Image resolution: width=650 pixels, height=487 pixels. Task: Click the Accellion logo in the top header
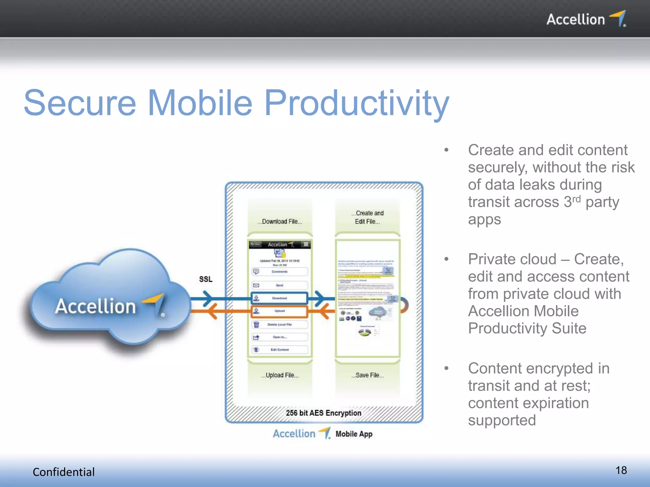coord(586,19)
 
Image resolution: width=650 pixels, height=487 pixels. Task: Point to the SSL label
coord(206,279)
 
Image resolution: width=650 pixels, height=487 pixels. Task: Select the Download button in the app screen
coord(279,298)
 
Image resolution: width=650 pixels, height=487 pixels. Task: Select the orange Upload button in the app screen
coord(279,311)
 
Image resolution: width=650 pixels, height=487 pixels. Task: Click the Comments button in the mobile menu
coord(279,272)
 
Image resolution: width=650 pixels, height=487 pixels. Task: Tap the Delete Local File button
coord(279,325)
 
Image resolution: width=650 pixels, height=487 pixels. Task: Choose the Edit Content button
coord(279,350)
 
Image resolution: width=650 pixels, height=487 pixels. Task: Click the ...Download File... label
coord(280,222)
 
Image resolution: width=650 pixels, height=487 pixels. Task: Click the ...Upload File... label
coord(280,375)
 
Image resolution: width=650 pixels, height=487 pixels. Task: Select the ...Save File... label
coord(368,375)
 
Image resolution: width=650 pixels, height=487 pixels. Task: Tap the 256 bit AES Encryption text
coord(323,413)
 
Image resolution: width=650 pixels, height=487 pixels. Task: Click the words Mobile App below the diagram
coord(354,434)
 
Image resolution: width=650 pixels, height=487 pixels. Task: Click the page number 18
coord(621,470)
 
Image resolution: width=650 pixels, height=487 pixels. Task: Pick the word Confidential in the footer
coord(63,472)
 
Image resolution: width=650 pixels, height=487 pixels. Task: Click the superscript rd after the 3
coord(576,199)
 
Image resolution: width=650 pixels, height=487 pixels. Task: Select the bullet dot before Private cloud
coord(446,259)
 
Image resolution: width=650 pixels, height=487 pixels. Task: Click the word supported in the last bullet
coord(502,420)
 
